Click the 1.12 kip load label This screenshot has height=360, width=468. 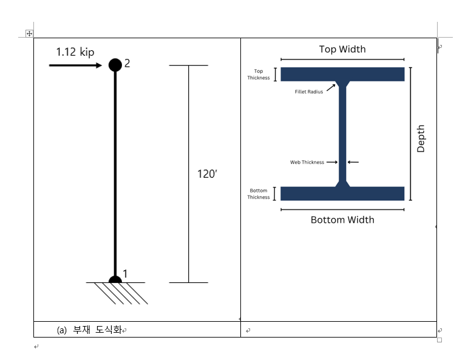[x=75, y=52]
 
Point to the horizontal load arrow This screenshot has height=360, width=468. [x=75, y=66]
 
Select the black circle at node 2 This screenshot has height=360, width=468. [x=115, y=65]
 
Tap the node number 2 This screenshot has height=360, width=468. [x=127, y=63]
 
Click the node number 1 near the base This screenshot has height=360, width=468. [x=125, y=273]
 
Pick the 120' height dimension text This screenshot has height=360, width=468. [x=207, y=174]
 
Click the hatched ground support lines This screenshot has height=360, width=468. [x=121, y=293]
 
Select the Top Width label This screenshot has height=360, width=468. [x=342, y=49]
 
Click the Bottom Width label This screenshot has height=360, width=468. [x=342, y=220]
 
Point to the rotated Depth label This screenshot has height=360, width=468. [x=421, y=138]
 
